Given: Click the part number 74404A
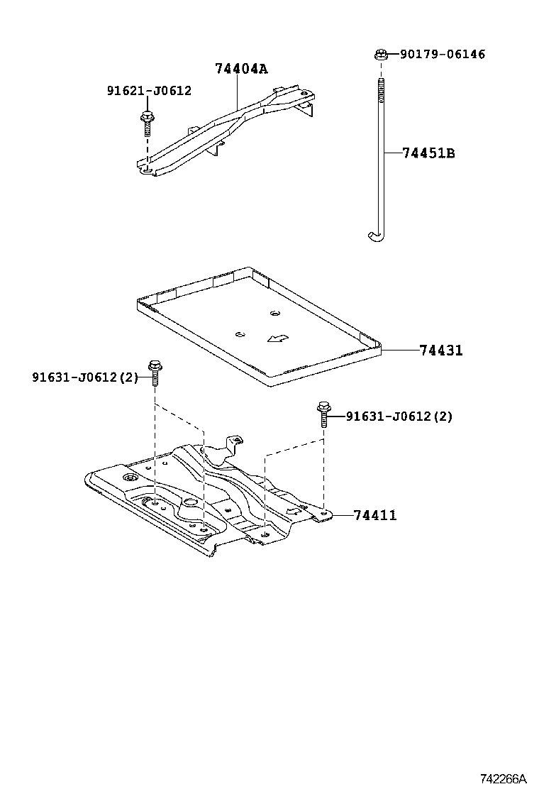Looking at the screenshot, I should pyautogui.click(x=241, y=69).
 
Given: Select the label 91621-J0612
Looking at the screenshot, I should pyautogui.click(x=149, y=91).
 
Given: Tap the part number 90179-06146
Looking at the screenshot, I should pyautogui.click(x=443, y=54).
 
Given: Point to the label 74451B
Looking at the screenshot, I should pyautogui.click(x=428, y=153).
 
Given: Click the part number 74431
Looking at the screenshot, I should pyautogui.click(x=440, y=350).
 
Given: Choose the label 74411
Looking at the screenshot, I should pyautogui.click(x=375, y=515).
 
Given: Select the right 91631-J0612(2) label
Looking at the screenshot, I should pyautogui.click(x=399, y=416).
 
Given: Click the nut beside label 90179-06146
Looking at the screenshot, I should pyautogui.click(x=381, y=53).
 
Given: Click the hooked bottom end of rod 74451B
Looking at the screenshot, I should pyautogui.click(x=373, y=237).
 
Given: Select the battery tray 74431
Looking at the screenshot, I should pyautogui.click(x=259, y=326).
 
